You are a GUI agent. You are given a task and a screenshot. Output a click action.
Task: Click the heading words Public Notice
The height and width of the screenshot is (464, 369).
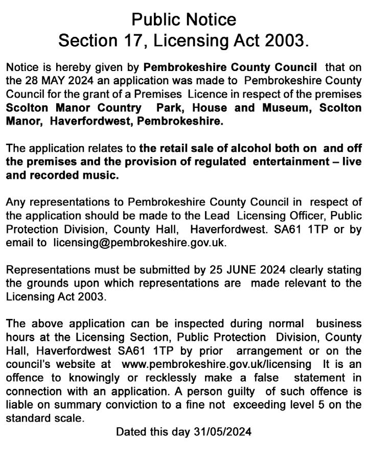click(184, 19)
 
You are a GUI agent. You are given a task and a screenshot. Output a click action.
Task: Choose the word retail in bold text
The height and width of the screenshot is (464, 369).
click(174, 149)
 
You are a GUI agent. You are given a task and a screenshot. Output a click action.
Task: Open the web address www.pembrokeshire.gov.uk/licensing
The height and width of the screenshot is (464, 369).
click(216, 364)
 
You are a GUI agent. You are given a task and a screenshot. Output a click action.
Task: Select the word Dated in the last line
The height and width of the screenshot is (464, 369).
click(131, 431)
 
